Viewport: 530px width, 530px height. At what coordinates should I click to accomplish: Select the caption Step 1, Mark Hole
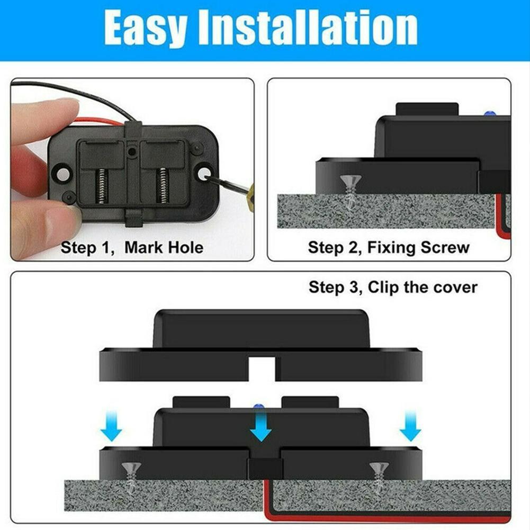click(132, 247)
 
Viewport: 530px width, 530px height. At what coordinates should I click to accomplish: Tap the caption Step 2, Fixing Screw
click(389, 247)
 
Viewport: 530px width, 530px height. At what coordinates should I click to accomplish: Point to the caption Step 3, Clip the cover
click(393, 288)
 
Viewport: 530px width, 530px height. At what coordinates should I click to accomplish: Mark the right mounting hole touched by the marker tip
click(203, 172)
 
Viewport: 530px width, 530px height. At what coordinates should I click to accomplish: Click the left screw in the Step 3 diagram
click(131, 474)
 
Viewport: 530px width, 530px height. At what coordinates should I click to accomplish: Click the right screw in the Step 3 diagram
click(379, 474)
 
